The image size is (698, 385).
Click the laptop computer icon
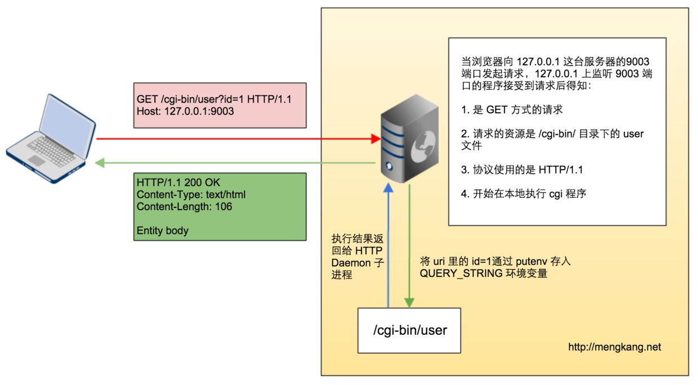click(x=51, y=139)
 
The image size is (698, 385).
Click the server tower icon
click(x=409, y=138)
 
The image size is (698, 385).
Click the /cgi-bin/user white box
click(x=409, y=330)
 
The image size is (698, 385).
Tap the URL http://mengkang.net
click(x=614, y=347)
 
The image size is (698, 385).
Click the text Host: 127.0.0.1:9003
click(x=185, y=111)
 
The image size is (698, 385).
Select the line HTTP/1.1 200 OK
click(x=178, y=183)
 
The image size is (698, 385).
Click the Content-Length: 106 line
click(x=184, y=207)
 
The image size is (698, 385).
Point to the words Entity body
click(x=162, y=231)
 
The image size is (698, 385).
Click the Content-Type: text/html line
click(x=191, y=195)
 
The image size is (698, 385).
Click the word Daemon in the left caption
click(x=351, y=263)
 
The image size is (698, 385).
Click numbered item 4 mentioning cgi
click(x=523, y=194)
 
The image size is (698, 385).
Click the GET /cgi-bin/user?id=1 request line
click(x=213, y=99)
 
